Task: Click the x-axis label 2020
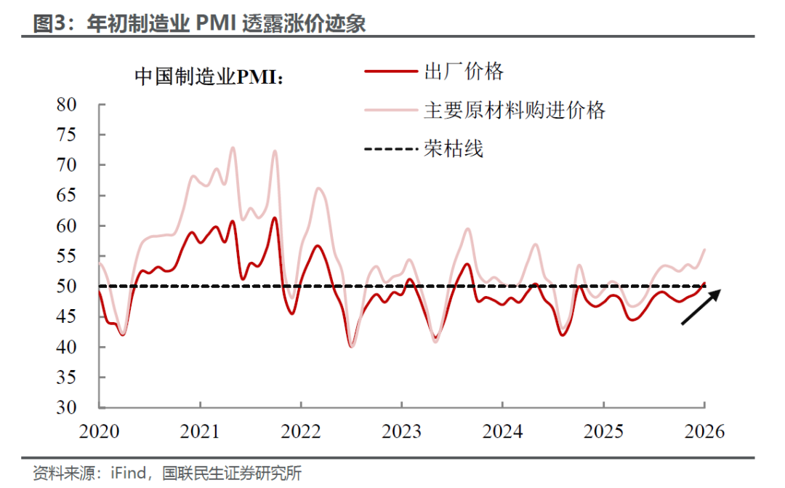coord(99,431)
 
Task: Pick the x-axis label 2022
coord(301,431)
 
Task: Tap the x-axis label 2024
coord(502,431)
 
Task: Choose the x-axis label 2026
coord(704,431)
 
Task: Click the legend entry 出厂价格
coord(463,71)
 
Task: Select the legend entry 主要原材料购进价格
coord(514,111)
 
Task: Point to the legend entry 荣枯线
coord(453,149)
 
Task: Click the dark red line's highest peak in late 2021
coord(274,217)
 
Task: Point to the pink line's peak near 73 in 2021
coord(233,148)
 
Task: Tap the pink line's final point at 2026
coord(704,249)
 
